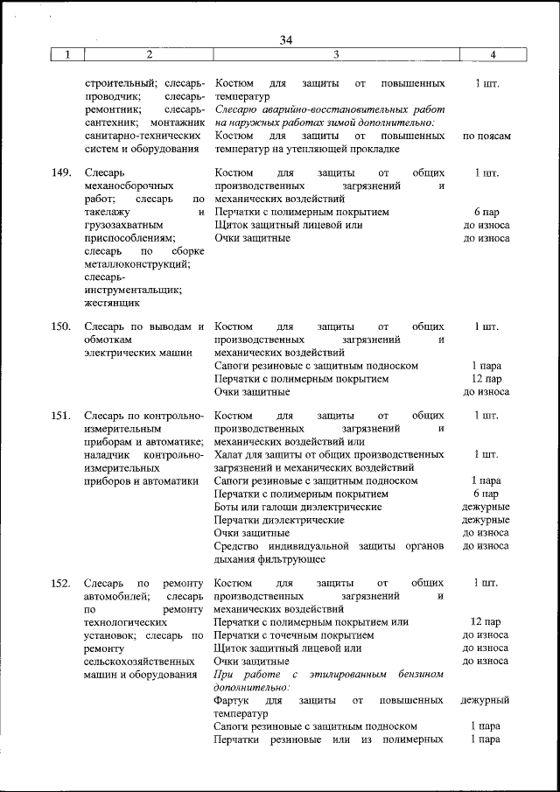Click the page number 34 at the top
tap(287, 39)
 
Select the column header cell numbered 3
tap(336, 54)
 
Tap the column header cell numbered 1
tap(66, 54)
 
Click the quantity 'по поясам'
tap(486, 137)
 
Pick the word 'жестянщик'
tap(111, 303)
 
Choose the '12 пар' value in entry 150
tap(486, 379)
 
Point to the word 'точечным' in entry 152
tap(307, 635)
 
